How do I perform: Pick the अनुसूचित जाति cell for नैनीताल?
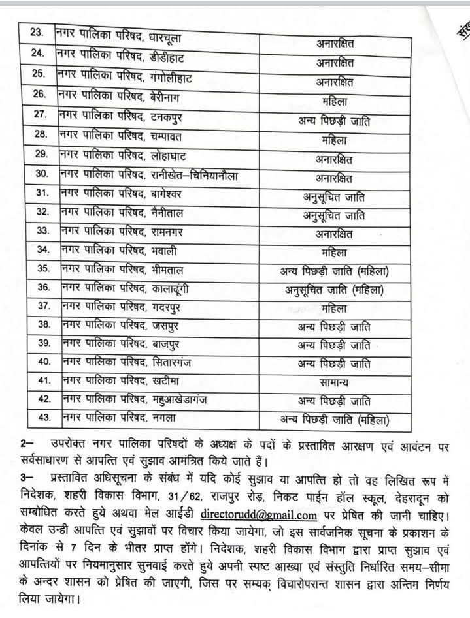pyautogui.click(x=334, y=215)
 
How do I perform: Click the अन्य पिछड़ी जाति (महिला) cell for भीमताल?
pyautogui.click(x=334, y=271)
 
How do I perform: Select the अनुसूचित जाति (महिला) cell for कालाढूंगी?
pyautogui.click(x=334, y=289)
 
